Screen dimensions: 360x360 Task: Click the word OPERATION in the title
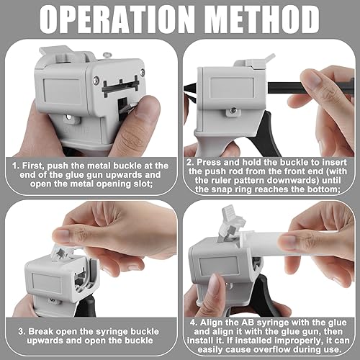(x=117, y=19)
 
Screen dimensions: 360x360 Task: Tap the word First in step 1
(x=33, y=166)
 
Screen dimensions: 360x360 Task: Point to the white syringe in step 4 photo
(x=288, y=243)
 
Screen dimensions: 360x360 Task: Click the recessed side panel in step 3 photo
(x=47, y=283)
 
